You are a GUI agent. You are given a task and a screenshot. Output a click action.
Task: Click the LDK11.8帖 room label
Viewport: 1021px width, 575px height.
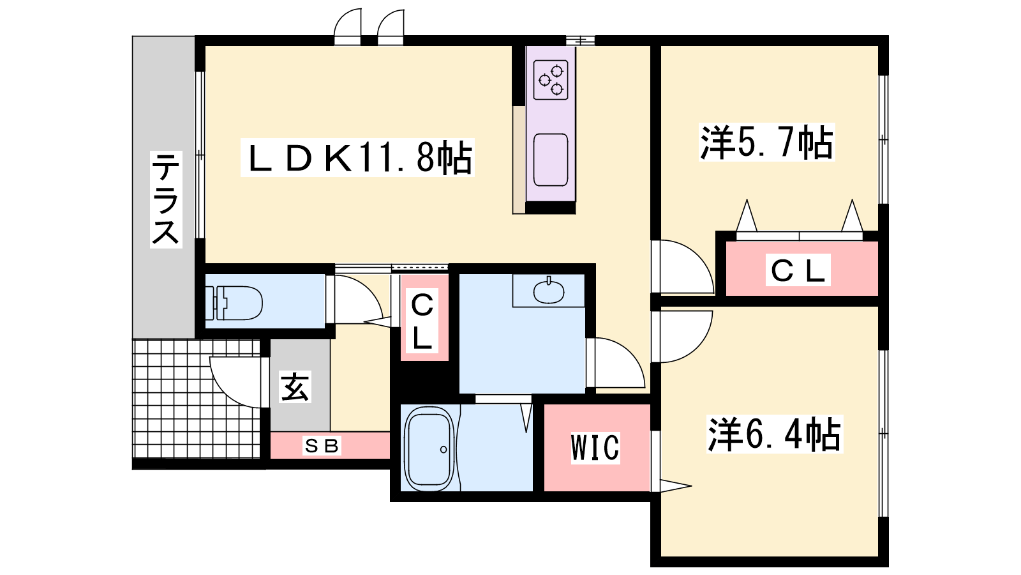[x=358, y=157]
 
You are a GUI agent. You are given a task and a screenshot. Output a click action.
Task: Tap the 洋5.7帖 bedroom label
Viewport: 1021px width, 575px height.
[x=766, y=142]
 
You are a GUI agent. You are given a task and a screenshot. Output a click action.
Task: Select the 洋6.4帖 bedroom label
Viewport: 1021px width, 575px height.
[x=775, y=434]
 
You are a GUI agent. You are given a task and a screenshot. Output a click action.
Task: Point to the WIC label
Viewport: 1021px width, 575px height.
[x=595, y=448]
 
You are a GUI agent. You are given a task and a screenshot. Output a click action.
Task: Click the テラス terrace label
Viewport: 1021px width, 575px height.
[x=166, y=199]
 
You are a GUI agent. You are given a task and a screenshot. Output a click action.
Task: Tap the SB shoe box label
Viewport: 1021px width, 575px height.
[x=322, y=445]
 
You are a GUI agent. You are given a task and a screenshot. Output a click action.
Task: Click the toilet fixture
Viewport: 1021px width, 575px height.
[x=234, y=303]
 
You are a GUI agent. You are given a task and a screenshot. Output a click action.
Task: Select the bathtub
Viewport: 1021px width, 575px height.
[x=429, y=449]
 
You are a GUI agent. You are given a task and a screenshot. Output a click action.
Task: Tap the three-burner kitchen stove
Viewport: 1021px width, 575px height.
[x=551, y=80]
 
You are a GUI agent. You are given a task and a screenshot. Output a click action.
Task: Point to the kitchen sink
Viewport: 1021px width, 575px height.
[x=551, y=160]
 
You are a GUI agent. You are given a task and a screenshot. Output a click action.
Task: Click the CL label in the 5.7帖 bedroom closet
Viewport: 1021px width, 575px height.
[x=798, y=270]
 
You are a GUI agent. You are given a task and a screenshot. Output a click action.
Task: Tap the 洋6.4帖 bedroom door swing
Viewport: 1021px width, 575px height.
[x=683, y=337]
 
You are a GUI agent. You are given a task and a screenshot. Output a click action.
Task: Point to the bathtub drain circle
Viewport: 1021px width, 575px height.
[x=443, y=450]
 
